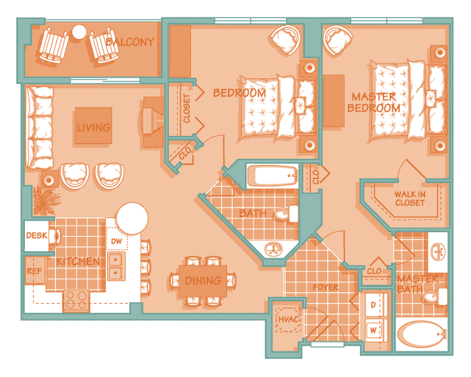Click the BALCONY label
(130, 42)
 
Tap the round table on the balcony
(79, 32)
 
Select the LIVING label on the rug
(94, 128)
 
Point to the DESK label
(36, 236)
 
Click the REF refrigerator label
(34, 271)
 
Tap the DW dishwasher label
(116, 241)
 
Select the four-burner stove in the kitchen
(76, 300)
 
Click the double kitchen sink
(116, 267)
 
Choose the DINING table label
(203, 281)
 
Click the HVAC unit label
(289, 319)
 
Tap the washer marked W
(373, 330)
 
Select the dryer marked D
(373, 304)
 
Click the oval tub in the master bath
(422, 335)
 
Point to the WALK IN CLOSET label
(410, 199)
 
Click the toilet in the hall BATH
(286, 214)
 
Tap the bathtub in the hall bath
(273, 176)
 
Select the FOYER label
(326, 287)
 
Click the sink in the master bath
(438, 252)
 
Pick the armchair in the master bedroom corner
(337, 40)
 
